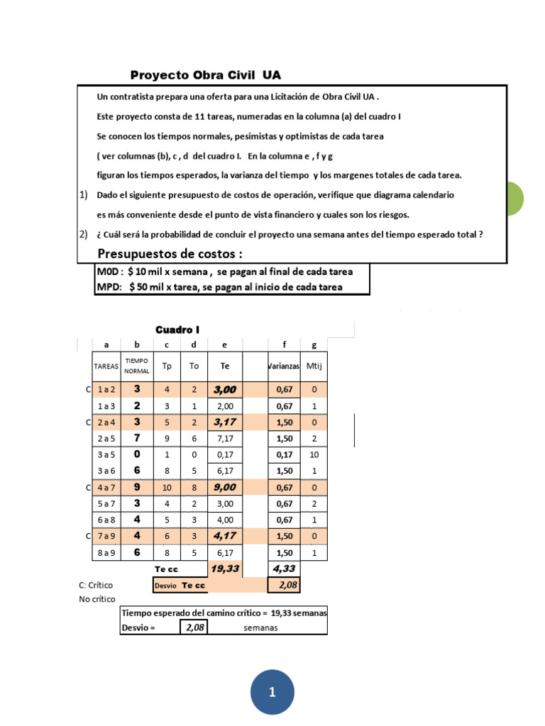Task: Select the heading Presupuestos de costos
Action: click(170, 254)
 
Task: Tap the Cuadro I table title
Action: click(177, 330)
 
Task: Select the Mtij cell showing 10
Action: click(313, 455)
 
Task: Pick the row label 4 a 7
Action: click(106, 488)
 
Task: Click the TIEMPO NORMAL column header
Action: click(138, 366)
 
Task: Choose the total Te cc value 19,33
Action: click(224, 569)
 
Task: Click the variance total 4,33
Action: click(284, 569)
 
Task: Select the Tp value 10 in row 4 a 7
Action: click(167, 488)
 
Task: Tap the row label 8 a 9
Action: click(106, 553)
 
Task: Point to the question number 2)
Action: click(84, 235)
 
